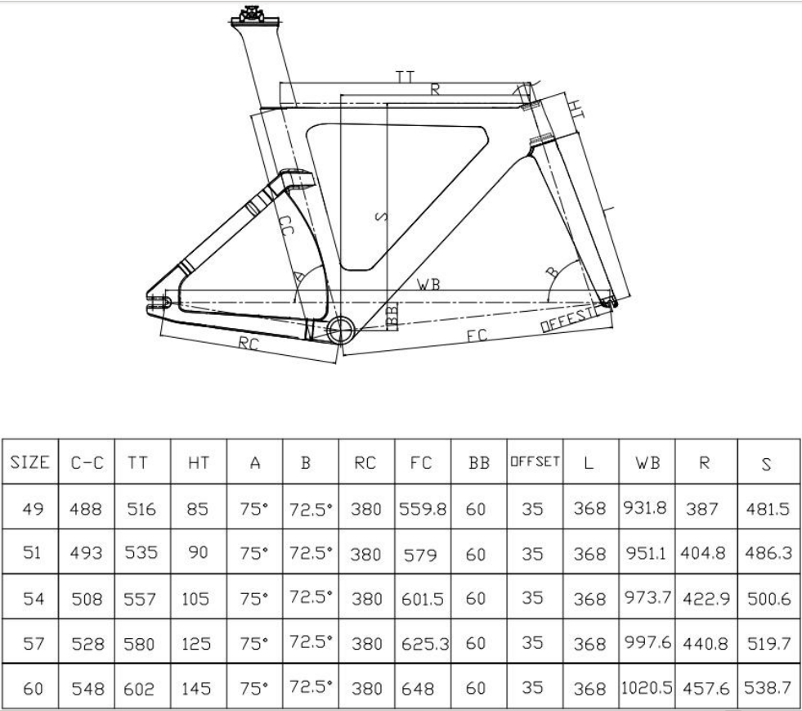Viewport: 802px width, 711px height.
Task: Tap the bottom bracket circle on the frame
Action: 341,331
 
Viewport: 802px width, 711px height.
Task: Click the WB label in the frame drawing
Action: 428,284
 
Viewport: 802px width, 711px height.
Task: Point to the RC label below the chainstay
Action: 249,344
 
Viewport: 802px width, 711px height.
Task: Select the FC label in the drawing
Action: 477,335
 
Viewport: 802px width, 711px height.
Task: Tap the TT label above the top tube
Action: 405,77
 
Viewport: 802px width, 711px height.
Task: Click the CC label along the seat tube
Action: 285,225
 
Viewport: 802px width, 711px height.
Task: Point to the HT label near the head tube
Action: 576,109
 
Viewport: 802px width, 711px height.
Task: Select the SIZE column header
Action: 30,462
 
